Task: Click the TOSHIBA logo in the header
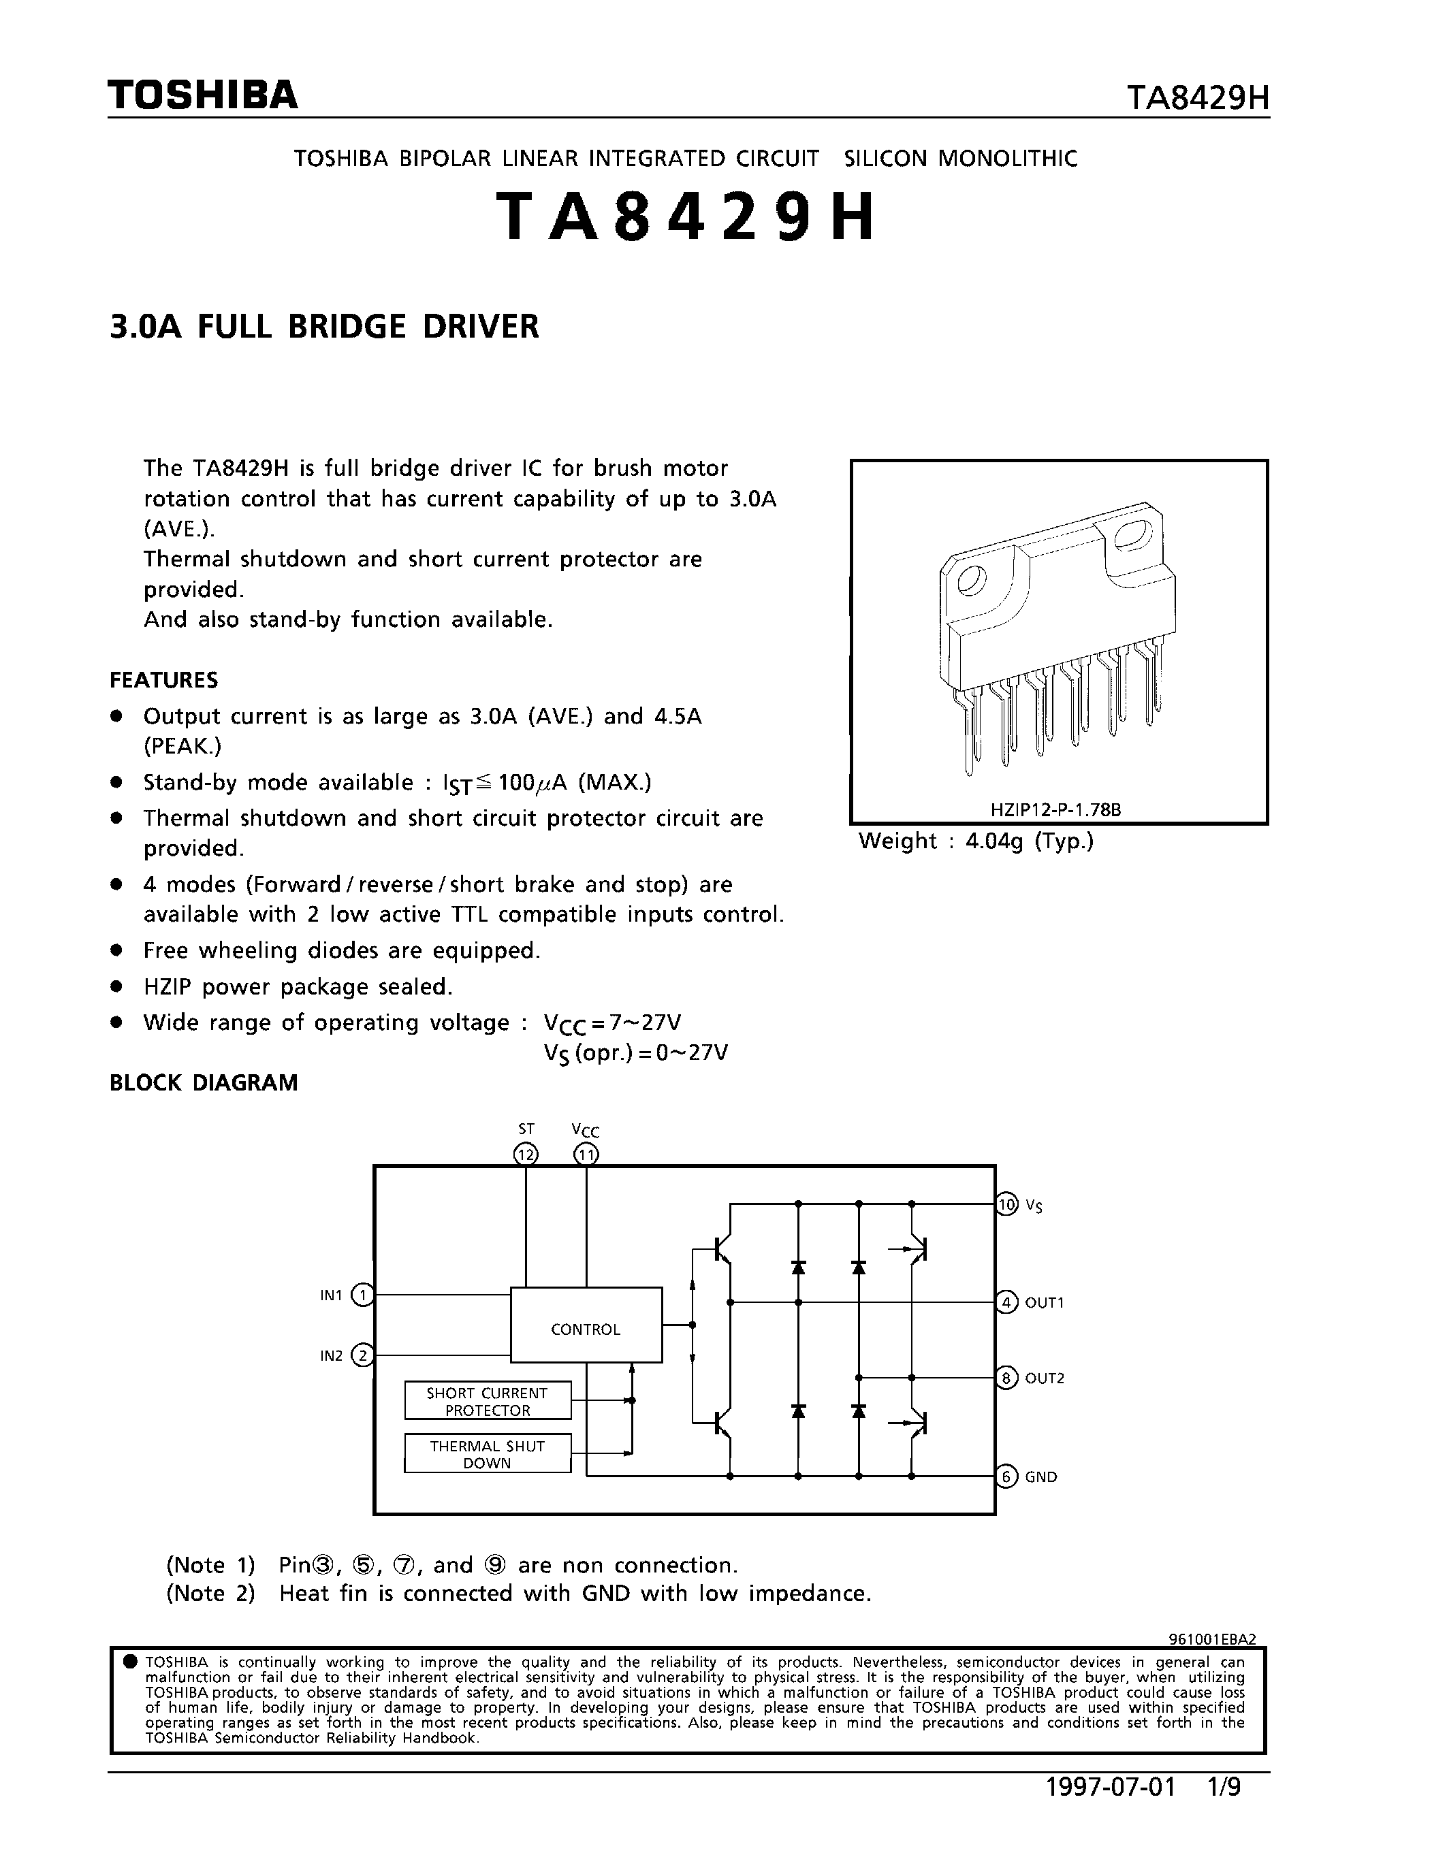[x=203, y=95]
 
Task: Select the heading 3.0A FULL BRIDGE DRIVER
[x=324, y=327]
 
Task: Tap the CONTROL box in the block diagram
[x=586, y=1329]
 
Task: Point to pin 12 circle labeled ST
[x=526, y=1155]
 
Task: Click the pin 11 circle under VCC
[x=586, y=1155]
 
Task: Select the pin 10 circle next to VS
[x=1006, y=1204]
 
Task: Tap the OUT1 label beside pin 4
[x=1044, y=1303]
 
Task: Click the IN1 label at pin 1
[x=331, y=1295]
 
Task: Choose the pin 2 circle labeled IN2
[x=363, y=1355]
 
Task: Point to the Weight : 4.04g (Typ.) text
[x=976, y=841]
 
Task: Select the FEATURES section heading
[x=163, y=681]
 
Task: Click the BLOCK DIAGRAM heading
[x=203, y=1082]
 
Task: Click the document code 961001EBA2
[x=1212, y=1639]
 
